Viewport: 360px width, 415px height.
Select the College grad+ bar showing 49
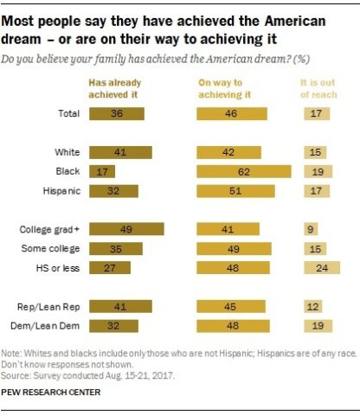tap(126, 229)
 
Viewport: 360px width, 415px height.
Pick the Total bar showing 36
tap(117, 113)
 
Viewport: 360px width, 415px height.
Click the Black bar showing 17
tap(102, 171)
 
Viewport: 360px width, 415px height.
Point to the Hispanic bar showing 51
tap(235, 190)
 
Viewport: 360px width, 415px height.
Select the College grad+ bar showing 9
tap(310, 229)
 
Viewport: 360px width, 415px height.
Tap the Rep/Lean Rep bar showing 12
tap(312, 306)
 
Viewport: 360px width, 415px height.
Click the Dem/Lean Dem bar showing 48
tap(233, 325)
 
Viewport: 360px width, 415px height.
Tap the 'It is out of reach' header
tap(321, 86)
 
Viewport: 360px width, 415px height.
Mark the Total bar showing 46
tap(231, 113)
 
